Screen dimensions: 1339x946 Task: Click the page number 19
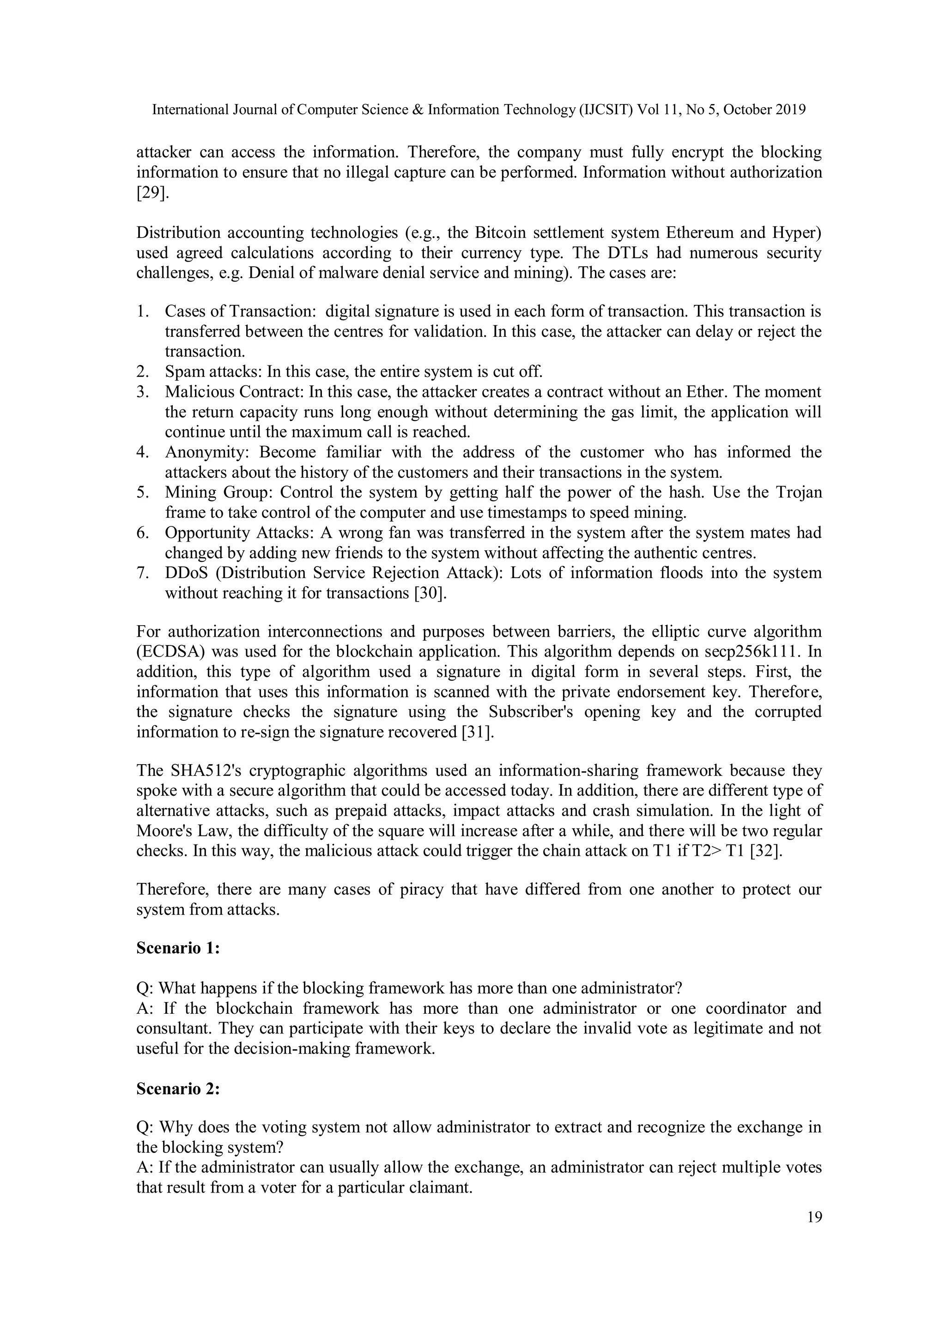coord(814,1217)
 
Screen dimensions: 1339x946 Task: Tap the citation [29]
coord(153,193)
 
